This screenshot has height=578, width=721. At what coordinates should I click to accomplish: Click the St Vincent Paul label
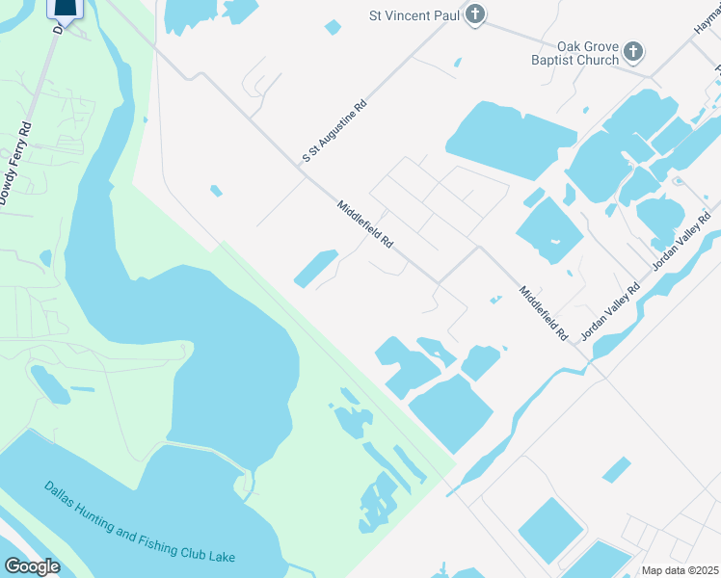414,14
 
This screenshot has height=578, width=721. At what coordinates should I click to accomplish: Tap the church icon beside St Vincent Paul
474,14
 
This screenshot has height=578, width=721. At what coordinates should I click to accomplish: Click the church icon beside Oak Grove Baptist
633,51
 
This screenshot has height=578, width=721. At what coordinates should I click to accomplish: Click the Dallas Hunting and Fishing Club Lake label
139,523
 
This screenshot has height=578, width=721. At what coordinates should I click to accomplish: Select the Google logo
33,566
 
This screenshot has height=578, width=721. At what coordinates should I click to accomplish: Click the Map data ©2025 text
680,570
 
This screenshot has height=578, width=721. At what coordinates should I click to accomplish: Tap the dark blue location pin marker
65,10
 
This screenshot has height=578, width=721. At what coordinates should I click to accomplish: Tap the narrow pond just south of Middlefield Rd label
315,269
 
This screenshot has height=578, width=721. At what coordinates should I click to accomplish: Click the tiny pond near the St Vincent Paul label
333,27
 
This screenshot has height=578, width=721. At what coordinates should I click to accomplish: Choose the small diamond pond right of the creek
616,469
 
